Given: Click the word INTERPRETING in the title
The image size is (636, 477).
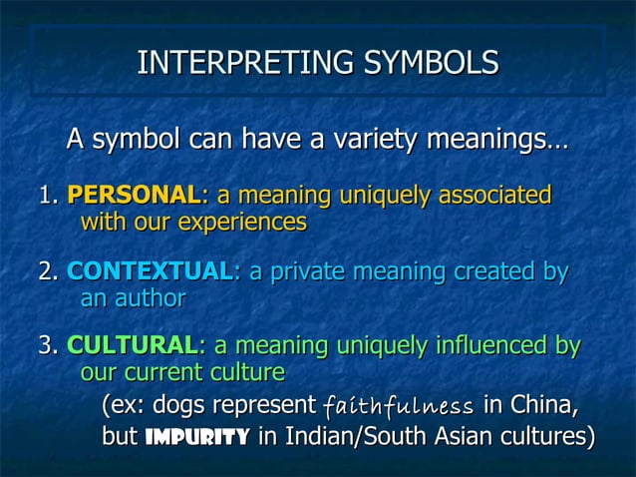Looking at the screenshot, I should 246,63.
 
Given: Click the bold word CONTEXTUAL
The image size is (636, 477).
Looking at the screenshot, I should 149,271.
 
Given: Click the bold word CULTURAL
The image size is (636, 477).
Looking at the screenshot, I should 132,346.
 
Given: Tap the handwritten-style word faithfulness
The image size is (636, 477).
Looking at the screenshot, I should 398,407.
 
